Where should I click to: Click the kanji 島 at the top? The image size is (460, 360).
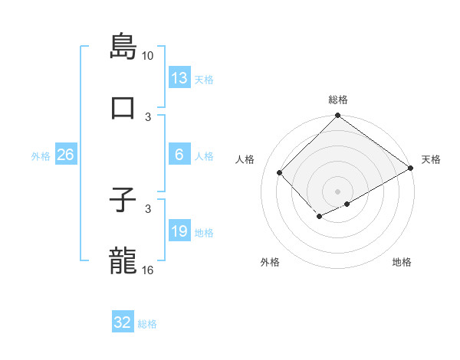pos(123,46)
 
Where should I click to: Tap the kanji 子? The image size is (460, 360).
pos(123,201)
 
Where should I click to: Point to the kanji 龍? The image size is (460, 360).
pos(123,260)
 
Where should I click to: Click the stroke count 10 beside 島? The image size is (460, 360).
pos(148,56)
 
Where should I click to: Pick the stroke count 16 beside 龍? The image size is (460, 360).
pos(148,270)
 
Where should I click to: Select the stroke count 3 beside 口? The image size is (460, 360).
pos(148,116)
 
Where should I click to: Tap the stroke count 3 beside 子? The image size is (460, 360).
pos(148,208)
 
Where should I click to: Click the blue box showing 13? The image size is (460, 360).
pos(179,78)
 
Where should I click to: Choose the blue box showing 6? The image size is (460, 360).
pos(179,155)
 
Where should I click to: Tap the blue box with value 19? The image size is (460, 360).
pos(179,231)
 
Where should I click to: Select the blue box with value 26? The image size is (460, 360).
pos(65,155)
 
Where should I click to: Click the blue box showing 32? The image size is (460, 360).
pos(123,322)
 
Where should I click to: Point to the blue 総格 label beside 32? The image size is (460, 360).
pos(147,324)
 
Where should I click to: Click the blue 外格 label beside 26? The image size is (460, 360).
pos(41,156)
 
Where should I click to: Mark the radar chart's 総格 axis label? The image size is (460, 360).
pos(338,100)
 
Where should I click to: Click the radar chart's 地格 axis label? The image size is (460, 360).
pos(402,263)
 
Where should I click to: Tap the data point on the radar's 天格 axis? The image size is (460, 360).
pos(411,168)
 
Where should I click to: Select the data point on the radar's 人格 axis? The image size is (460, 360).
pos(280,172)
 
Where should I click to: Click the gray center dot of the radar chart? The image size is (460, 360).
pos(337,191)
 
